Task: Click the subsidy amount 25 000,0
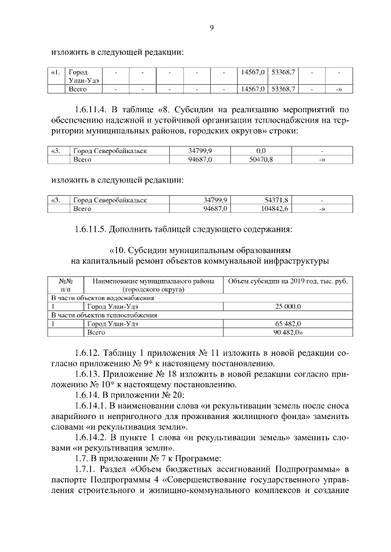[287, 306]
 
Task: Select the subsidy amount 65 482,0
[287, 324]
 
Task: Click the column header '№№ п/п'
[65, 285]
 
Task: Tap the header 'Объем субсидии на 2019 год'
[287, 281]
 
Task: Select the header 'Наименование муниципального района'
[153, 281]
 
